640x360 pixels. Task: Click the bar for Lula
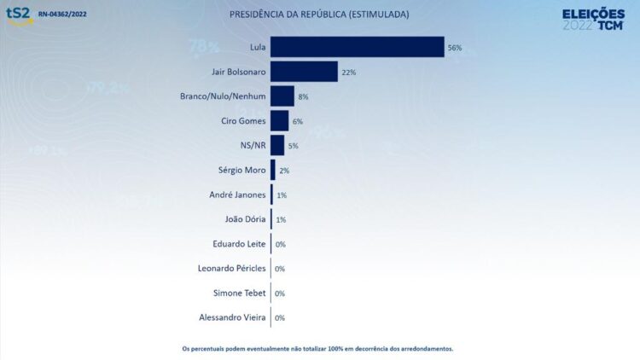[357, 47]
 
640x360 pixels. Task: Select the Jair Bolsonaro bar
[304, 72]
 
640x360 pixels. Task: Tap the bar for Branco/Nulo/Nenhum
[282, 96]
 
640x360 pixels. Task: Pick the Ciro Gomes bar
[279, 121]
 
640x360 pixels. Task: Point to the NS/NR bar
[277, 145]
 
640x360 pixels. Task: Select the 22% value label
[348, 73]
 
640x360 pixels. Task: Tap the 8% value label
[303, 97]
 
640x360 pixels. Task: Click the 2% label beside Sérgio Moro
[284, 171]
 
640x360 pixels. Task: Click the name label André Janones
[237, 195]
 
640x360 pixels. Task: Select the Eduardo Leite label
[239, 244]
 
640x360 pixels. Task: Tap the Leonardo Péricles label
[232, 269]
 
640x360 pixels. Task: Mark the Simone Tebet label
[240, 293]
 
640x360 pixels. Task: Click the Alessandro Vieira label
[232, 318]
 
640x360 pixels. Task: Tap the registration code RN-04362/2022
[62, 15]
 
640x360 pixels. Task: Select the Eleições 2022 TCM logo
[594, 18]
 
